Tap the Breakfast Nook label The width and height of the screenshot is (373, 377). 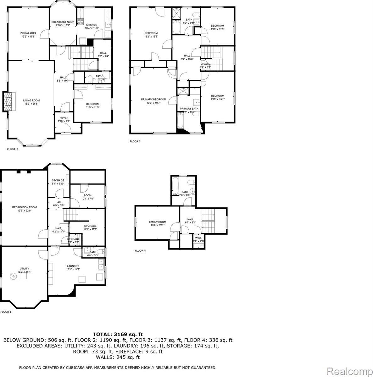63,22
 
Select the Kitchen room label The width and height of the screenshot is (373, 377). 92,25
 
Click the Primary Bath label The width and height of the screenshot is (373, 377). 189,109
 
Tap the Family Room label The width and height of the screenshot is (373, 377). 158,222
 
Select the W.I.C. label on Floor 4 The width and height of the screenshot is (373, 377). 198,238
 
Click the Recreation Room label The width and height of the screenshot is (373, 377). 25,207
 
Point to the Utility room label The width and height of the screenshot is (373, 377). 24,269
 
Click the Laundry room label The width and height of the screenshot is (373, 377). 72,266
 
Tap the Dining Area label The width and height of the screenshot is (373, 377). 28,33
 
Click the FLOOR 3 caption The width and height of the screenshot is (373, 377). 135,141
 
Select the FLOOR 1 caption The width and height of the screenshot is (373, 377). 6,312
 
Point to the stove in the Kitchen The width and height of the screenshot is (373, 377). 80,22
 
